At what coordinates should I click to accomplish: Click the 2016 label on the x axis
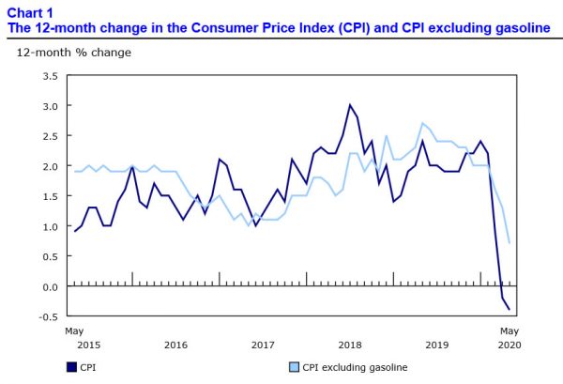tap(175, 346)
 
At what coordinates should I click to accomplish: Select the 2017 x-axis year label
tap(263, 346)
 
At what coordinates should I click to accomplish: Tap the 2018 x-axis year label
tap(350, 346)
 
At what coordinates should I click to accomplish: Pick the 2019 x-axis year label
tap(437, 346)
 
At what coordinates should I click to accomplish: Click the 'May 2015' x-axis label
tap(75, 338)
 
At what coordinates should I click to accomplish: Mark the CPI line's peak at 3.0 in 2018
tap(350, 105)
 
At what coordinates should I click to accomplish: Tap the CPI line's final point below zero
tap(510, 309)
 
